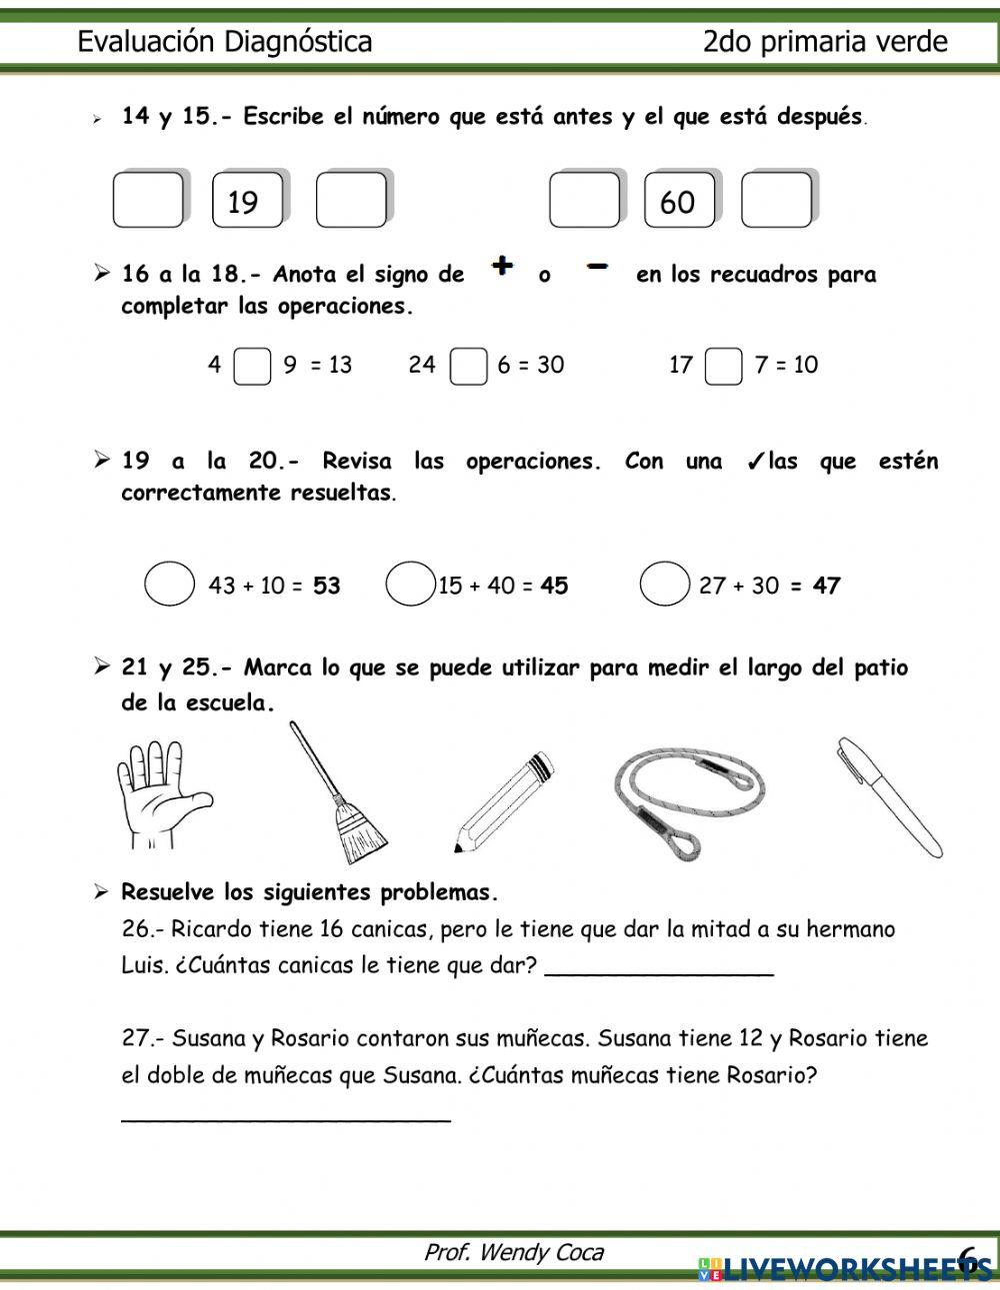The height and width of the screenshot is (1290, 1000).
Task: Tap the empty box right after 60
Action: pyautogui.click(x=776, y=200)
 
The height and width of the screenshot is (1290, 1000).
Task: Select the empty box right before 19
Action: pyautogui.click(x=148, y=200)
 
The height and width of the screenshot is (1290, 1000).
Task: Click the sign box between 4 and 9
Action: pyautogui.click(x=252, y=366)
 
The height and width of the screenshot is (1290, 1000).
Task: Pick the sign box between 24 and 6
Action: pyautogui.click(x=468, y=366)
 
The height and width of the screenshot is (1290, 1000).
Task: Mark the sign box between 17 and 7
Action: pyautogui.click(x=723, y=366)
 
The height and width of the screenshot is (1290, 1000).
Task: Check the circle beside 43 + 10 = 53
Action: pyautogui.click(x=169, y=585)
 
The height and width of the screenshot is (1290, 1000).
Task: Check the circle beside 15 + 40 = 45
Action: pyautogui.click(x=410, y=585)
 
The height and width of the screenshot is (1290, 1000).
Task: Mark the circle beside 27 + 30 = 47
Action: pyautogui.click(x=664, y=585)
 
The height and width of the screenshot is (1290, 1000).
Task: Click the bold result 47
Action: pyautogui.click(x=826, y=586)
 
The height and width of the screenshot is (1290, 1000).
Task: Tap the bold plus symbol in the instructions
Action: pyautogui.click(x=503, y=266)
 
